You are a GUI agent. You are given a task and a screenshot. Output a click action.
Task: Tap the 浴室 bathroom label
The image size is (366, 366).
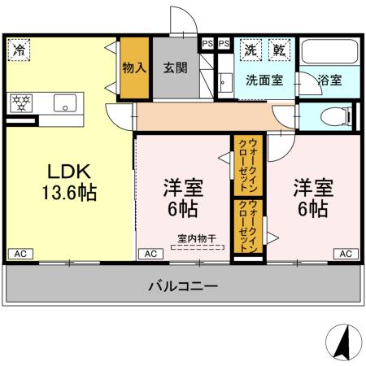(x=329, y=81)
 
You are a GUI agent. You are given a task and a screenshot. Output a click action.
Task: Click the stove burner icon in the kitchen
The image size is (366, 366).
(x=20, y=103)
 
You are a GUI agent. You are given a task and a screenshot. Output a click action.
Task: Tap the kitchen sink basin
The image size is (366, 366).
(x=64, y=103)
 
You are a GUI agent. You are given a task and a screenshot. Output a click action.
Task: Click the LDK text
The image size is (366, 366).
(x=68, y=172)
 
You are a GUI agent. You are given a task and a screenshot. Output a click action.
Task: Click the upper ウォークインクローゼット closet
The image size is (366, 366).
(x=248, y=162)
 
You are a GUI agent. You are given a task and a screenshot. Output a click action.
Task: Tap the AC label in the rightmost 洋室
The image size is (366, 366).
(x=345, y=254)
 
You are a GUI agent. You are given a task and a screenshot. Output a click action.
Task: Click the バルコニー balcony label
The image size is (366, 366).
(x=182, y=286)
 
